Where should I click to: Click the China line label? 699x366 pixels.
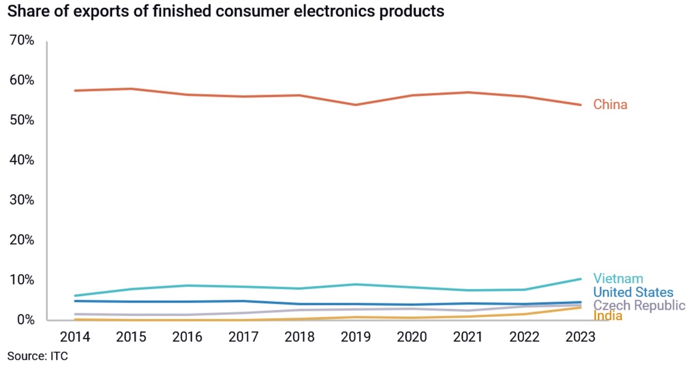[610, 105]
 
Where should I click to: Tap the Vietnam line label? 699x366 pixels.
[618, 279]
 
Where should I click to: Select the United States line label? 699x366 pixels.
[633, 293]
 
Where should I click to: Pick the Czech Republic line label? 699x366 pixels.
[639, 305]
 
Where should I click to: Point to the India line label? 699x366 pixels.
[608, 316]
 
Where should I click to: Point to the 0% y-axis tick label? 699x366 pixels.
[24, 319]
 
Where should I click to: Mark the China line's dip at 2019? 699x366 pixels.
[356, 105]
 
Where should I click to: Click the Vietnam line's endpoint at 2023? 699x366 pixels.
[581, 279]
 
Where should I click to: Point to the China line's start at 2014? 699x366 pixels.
[76, 91]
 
